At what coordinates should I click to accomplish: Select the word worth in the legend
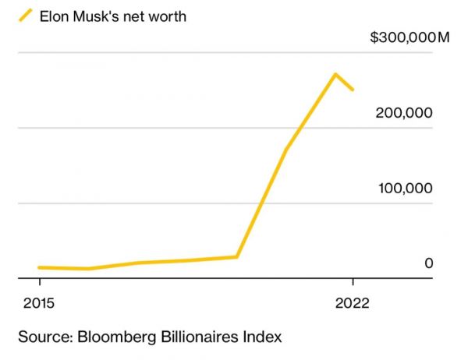(167, 15)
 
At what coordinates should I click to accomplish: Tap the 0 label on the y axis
(428, 264)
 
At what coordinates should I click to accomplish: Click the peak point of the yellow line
(335, 75)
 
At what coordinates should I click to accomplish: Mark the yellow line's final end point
(353, 90)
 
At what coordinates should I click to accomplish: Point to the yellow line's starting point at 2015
(39, 267)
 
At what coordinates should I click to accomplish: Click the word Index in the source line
(263, 337)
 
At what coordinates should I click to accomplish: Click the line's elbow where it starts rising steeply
(236, 256)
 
